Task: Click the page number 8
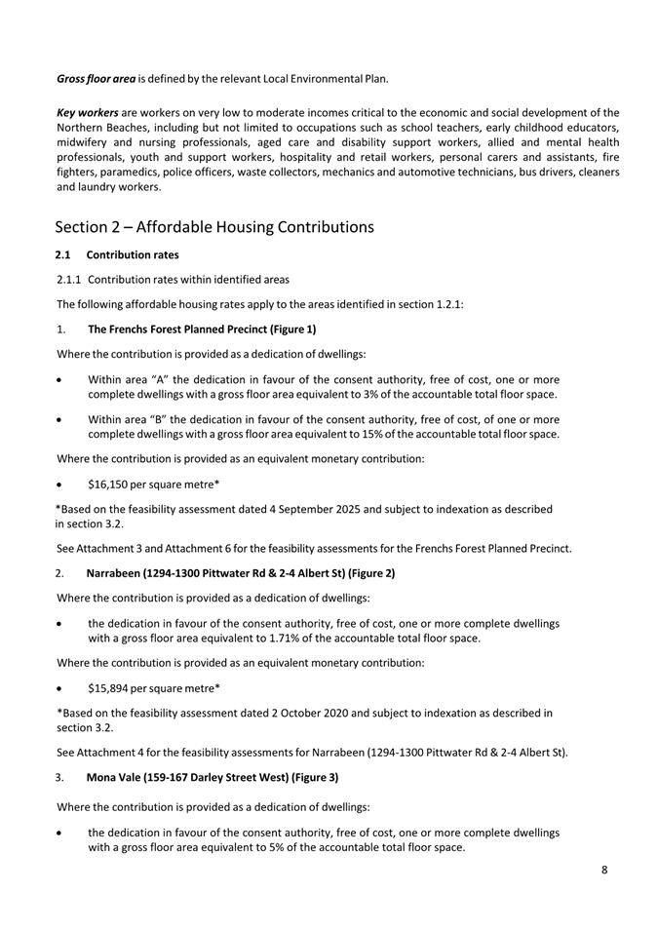pos(604,871)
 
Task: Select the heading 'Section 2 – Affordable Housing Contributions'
pos(214,227)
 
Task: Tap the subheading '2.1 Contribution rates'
pos(117,255)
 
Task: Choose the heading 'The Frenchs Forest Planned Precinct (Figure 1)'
pos(202,329)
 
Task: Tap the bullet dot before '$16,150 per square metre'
pos(61,483)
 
